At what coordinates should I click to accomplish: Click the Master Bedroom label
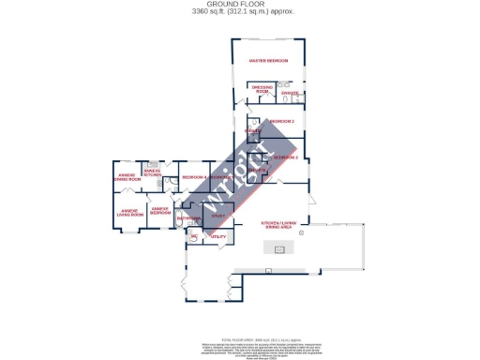[x=268, y=61]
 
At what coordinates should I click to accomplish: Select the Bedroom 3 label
[x=282, y=122]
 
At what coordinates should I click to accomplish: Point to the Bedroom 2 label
[x=285, y=157]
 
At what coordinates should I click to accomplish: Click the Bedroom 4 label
[x=194, y=177]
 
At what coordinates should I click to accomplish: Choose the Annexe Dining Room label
[x=127, y=176]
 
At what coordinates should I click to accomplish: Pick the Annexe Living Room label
[x=130, y=213]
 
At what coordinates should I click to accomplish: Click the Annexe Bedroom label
[x=160, y=211]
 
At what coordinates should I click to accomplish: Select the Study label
[x=217, y=217]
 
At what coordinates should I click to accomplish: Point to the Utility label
[x=217, y=237]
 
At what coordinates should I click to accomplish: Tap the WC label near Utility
[x=193, y=236]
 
